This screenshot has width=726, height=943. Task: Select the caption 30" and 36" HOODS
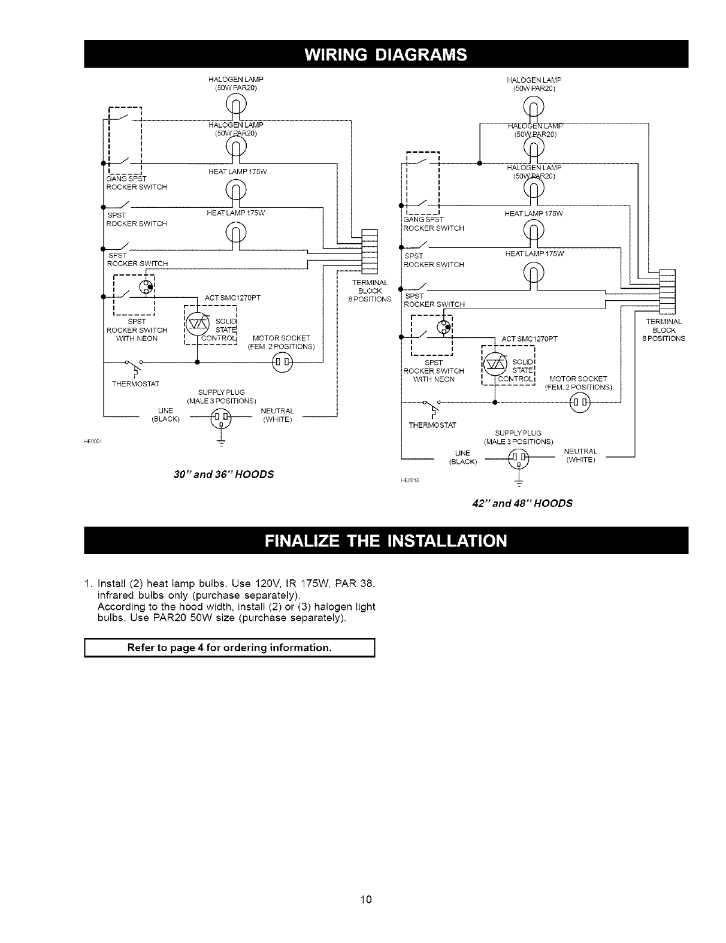(223, 474)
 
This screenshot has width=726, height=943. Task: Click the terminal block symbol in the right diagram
(667, 292)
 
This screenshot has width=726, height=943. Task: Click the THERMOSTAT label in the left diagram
(135, 383)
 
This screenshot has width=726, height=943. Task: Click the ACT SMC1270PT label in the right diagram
(530, 339)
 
